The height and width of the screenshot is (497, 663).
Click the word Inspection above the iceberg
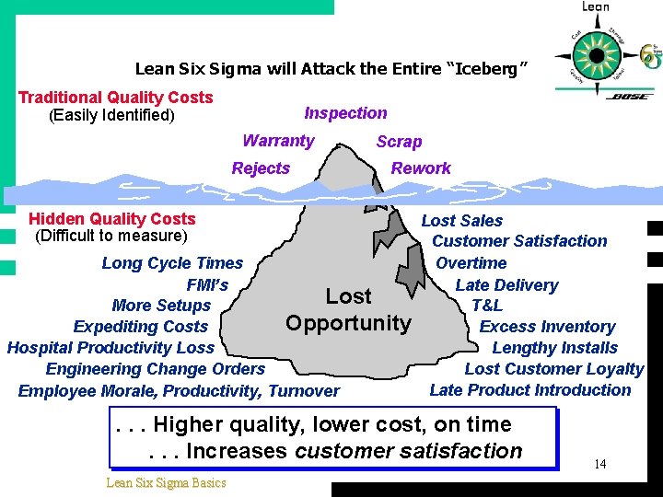click(345, 113)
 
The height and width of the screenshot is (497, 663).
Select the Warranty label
click(278, 141)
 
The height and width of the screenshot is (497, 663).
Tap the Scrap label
click(399, 142)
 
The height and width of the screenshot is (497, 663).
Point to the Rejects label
click(261, 168)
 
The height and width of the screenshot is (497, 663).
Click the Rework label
click(421, 168)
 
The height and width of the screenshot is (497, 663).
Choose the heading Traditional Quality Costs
click(115, 98)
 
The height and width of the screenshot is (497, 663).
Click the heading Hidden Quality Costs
click(111, 219)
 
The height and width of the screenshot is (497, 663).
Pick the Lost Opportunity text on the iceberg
click(348, 309)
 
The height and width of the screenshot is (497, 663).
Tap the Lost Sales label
click(461, 221)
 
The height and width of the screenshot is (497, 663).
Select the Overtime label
click(471, 263)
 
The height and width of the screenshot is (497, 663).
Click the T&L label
click(486, 306)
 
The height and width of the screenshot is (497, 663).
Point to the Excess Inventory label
click(547, 327)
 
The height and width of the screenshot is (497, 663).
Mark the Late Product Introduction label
click(529, 390)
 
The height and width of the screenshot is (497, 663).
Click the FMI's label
click(207, 284)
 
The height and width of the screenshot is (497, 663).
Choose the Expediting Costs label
click(140, 327)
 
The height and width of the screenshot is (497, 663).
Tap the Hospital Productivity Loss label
click(110, 348)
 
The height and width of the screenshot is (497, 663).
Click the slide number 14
click(599, 464)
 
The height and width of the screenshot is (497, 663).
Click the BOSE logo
click(630, 96)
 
